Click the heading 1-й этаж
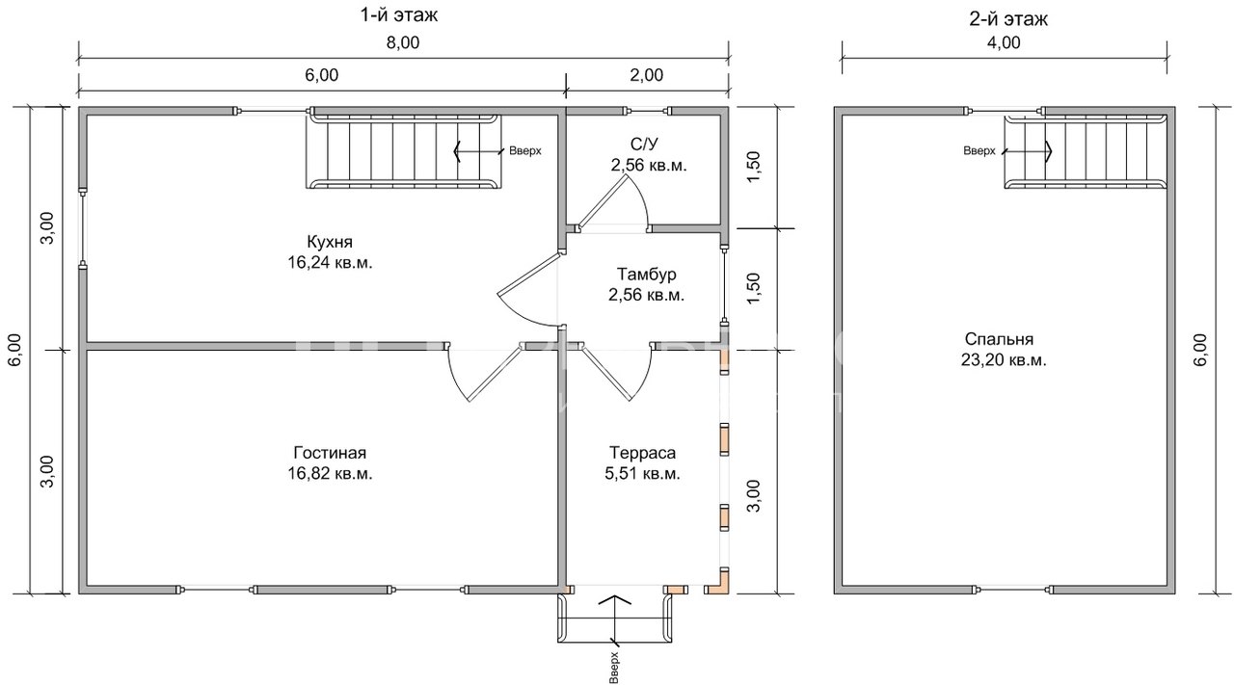click(399, 15)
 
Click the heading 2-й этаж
click(1008, 19)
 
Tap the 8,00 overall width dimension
click(403, 43)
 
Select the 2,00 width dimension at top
click(647, 75)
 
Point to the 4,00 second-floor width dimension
click(1004, 43)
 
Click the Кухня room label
click(330, 242)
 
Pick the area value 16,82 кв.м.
click(330, 474)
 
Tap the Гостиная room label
click(330, 453)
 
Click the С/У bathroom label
click(644, 145)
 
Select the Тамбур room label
click(646, 275)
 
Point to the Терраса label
click(642, 453)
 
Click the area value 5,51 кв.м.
click(642, 474)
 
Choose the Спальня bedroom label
click(999, 338)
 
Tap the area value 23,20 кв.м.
click(1004, 360)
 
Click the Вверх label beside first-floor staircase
click(525, 151)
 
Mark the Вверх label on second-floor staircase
click(979, 151)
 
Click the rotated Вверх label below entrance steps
click(614, 668)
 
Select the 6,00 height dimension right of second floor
click(1201, 350)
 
